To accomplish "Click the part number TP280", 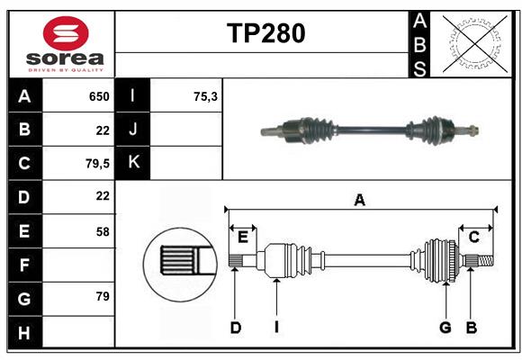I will pos(265,33).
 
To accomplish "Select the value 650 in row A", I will pos(97,96).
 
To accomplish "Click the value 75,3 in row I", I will pos(206,96).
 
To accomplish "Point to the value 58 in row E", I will pos(102,231).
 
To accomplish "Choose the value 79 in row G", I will pos(102,297).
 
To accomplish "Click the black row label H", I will pos(24,332).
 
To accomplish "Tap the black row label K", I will pos(133,163).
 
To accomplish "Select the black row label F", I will pos(24,265).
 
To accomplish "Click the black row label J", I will pos(133,130).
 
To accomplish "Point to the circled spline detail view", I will pos(180,261).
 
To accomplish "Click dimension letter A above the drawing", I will pos(359,201).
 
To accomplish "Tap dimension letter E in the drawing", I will pos(243,238).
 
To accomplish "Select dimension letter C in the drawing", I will pos(473,238).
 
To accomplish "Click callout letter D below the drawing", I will pos(235,328).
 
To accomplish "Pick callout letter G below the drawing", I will pos(445,328).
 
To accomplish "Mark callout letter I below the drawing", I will pos(277,328).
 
